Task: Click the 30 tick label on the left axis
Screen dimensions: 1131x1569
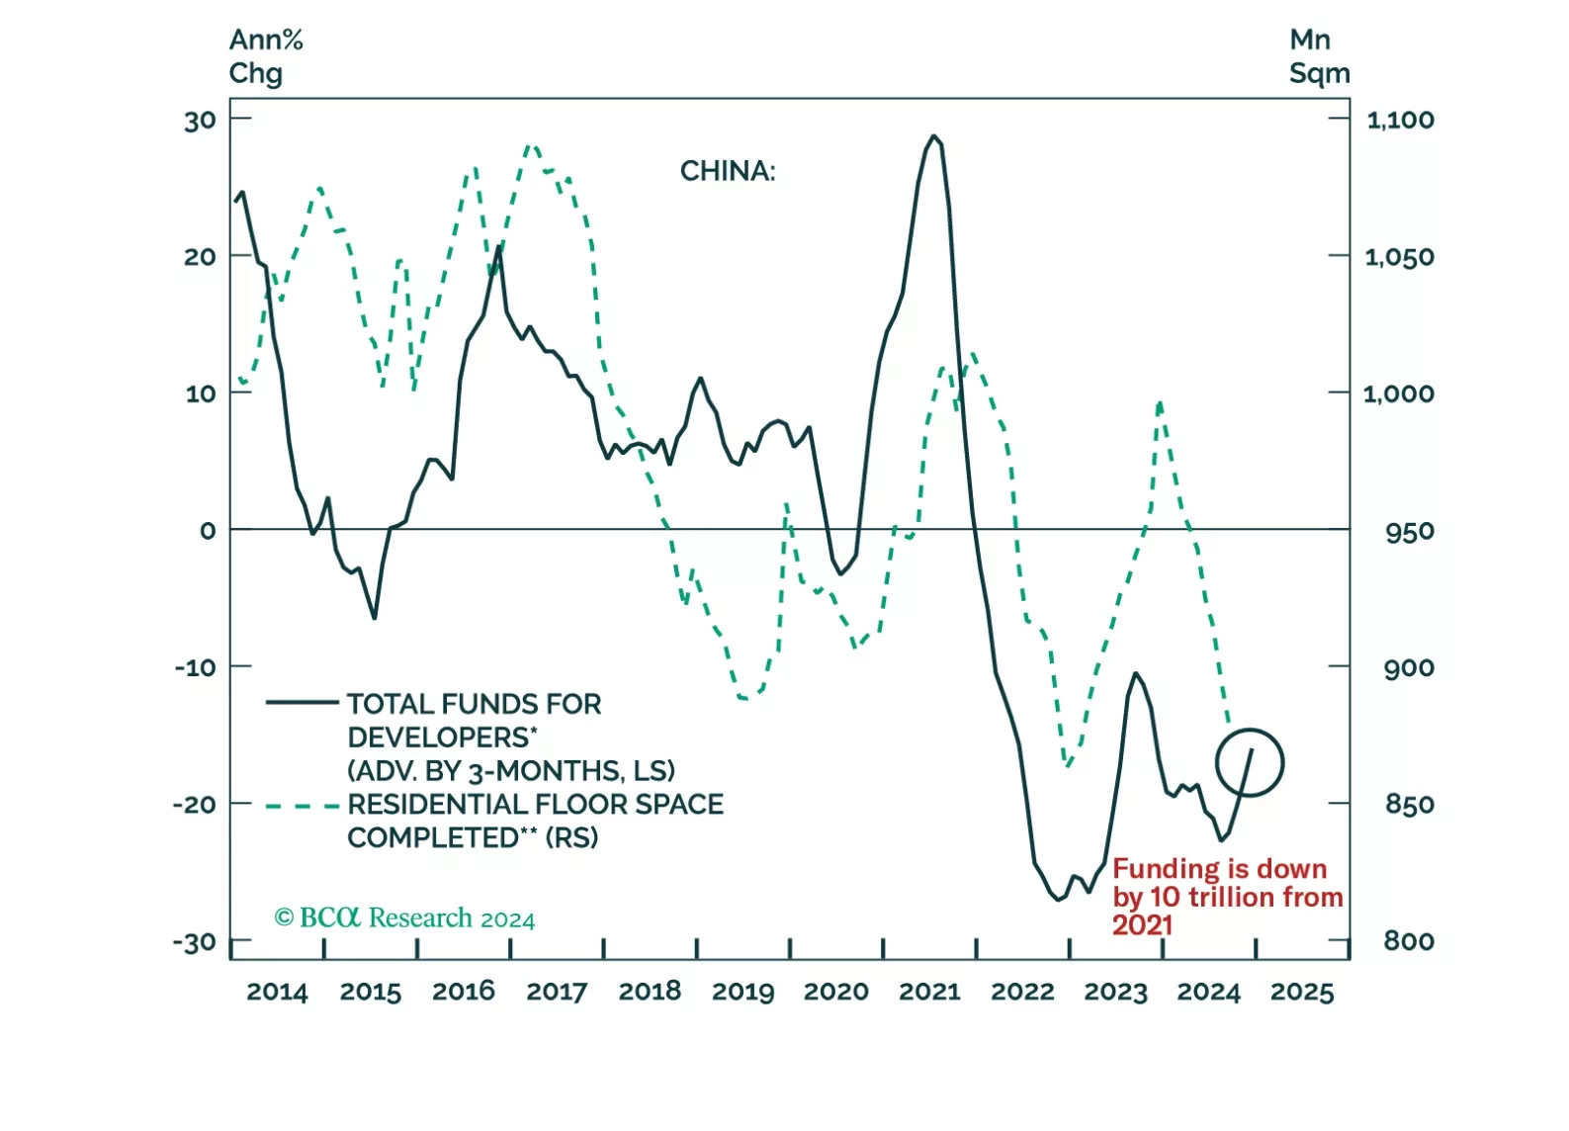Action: coord(200,121)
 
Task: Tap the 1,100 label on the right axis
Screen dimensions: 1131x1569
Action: coord(1400,121)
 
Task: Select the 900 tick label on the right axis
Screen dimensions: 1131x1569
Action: coord(1409,668)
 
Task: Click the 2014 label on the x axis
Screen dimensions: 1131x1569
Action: coord(277,992)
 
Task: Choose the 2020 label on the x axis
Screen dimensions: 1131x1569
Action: coord(836,992)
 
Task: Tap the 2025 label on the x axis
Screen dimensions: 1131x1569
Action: coord(1302,992)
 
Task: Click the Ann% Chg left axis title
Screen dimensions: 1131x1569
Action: coord(265,56)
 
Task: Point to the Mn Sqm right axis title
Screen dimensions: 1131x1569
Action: coord(1319,56)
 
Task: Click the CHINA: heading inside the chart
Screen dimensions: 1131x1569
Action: coord(728,172)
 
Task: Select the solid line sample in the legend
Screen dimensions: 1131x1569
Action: coord(303,703)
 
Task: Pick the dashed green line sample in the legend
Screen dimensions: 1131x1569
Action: coord(303,806)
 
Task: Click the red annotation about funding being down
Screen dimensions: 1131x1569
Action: coord(1227,897)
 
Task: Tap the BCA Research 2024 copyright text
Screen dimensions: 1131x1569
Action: coord(404,918)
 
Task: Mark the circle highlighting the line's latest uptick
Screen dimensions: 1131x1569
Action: coord(1250,762)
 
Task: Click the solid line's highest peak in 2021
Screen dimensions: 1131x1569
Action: coord(933,136)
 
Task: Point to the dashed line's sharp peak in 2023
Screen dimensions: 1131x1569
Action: coord(1160,403)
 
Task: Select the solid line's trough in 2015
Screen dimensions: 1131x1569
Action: coord(375,618)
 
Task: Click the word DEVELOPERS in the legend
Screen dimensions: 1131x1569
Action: coord(439,738)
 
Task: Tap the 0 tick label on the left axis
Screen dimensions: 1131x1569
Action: coord(208,531)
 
